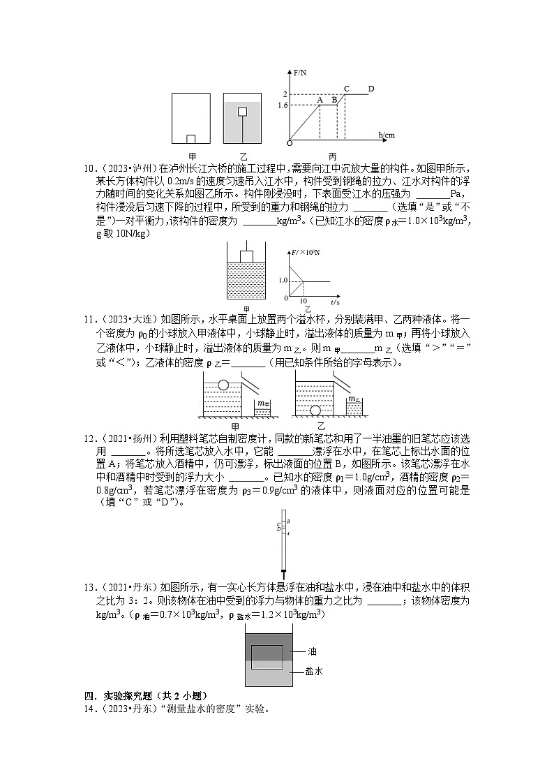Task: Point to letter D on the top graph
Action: pos(370,89)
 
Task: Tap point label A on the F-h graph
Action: pos(320,99)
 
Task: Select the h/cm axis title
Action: pos(386,134)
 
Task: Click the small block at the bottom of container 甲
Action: pos(190,139)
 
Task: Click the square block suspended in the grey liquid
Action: pos(242,111)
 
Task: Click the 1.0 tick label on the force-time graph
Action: pos(283,280)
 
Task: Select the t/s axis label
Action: pos(335,302)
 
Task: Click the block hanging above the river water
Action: pos(246,256)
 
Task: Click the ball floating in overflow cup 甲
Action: pos(223,384)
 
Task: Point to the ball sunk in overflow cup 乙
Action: pos(316,410)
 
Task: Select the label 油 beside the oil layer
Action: pos(312,651)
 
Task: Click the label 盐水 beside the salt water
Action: pos(313,671)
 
